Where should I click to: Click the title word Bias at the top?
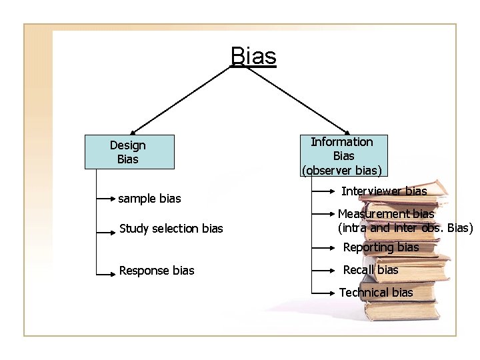(x=253, y=56)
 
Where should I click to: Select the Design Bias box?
(x=129, y=152)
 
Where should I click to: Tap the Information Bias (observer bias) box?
(x=343, y=156)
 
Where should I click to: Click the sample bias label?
(x=149, y=199)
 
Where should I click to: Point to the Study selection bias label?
(x=171, y=229)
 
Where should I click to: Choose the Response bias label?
(x=157, y=271)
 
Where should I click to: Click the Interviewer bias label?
(x=384, y=191)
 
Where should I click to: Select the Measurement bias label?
(x=386, y=214)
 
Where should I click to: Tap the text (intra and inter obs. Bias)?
(x=405, y=228)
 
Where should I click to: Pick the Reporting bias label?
(x=381, y=247)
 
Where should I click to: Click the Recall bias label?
(x=370, y=270)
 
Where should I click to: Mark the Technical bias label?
(x=376, y=293)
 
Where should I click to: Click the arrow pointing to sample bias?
(x=107, y=199)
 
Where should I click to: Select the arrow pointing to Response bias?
(x=107, y=271)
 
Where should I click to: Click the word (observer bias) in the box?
(x=343, y=170)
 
